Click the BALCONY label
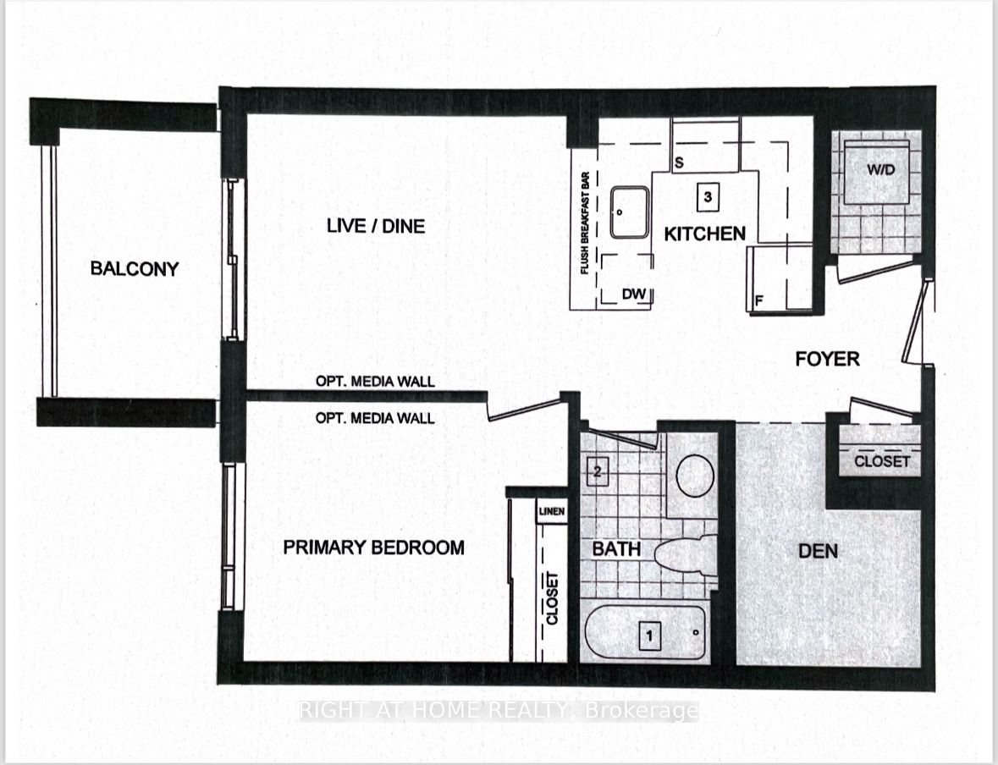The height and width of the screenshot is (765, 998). point(135,269)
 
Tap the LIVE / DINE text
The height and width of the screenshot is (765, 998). point(375,226)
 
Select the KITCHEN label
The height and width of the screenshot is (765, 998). point(704,234)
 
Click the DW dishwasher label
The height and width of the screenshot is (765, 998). point(633,294)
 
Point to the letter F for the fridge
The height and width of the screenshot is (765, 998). point(760,300)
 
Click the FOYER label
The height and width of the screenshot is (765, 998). point(827,359)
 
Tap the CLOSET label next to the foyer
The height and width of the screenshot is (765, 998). point(882,461)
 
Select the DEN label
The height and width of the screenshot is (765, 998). point(819,551)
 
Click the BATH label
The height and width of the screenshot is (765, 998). point(616,549)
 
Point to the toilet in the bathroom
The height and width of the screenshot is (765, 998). point(686,558)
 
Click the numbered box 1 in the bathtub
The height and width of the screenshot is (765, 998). point(649,635)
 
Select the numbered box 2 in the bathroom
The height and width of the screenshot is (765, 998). point(597,471)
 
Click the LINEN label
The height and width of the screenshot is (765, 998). point(551,512)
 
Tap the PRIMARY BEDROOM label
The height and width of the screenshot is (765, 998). point(373,548)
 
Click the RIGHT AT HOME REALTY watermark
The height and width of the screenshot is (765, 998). point(499,711)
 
